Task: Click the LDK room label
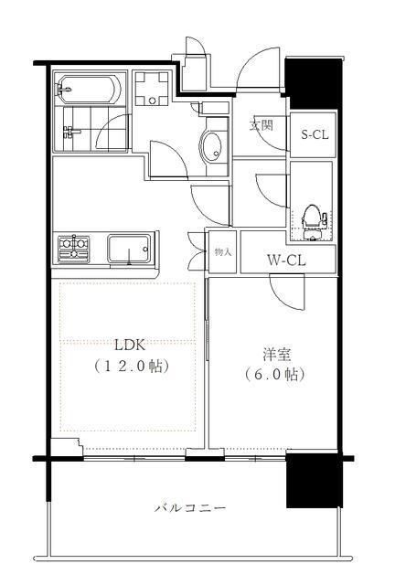pos(130,345)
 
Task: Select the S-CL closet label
pos(314,135)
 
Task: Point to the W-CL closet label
pos(285,259)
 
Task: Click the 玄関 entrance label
pos(262,126)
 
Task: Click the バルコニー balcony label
pos(189,507)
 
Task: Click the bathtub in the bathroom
pos(87,90)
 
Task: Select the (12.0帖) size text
pos(132,366)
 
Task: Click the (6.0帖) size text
pos(273,375)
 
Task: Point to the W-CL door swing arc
pos(287,292)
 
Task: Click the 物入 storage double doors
pos(197,251)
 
